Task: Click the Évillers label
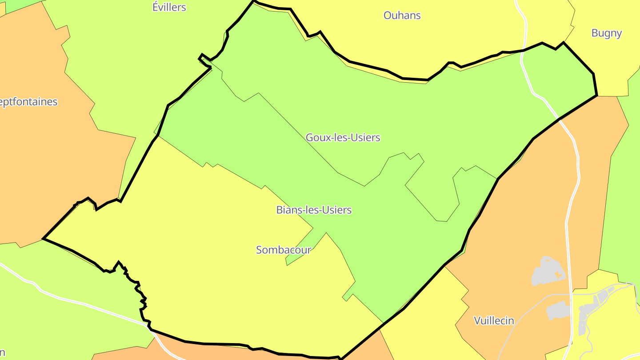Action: coord(169,8)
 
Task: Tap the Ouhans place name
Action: coord(402,16)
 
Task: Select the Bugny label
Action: coord(606,33)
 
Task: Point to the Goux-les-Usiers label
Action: coord(343,138)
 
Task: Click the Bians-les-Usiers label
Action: coord(314,210)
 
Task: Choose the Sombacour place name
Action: coord(284,250)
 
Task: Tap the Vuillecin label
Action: coord(494,320)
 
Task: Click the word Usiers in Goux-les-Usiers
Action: coord(365,138)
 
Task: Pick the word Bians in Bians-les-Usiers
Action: coord(288,210)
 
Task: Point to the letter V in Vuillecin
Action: coord(477,320)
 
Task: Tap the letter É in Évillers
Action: coord(156,8)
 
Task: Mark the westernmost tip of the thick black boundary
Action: coord(43,239)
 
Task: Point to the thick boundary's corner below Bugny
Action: coord(596,95)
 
